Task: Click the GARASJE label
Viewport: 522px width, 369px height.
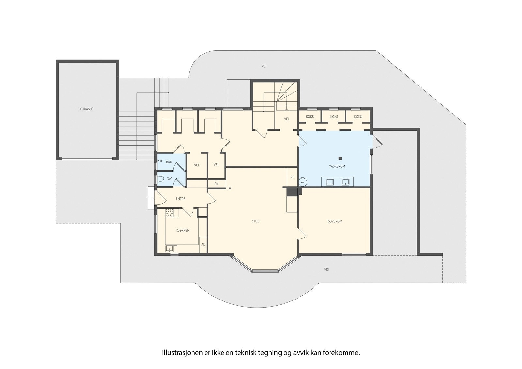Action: tap(86, 109)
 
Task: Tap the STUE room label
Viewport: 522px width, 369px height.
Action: tap(255, 221)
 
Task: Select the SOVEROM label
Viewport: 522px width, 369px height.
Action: tap(335, 221)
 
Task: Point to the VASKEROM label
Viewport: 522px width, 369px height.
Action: tap(337, 166)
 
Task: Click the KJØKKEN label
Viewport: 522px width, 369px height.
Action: tap(182, 231)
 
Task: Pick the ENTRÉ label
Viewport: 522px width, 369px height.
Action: tap(181, 199)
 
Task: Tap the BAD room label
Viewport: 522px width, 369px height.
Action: tap(169, 162)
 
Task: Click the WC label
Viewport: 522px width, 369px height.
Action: tap(170, 179)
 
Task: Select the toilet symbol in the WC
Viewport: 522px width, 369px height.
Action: tap(160, 179)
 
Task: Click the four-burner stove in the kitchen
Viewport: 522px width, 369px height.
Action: tap(169, 213)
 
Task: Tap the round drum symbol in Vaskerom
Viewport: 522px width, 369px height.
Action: tap(303, 182)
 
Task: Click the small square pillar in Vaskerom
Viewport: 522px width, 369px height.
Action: tap(340, 158)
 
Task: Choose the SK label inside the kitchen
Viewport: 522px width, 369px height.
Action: tap(203, 245)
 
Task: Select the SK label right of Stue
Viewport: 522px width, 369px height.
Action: tap(292, 177)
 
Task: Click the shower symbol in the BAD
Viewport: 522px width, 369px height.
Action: tap(160, 161)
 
